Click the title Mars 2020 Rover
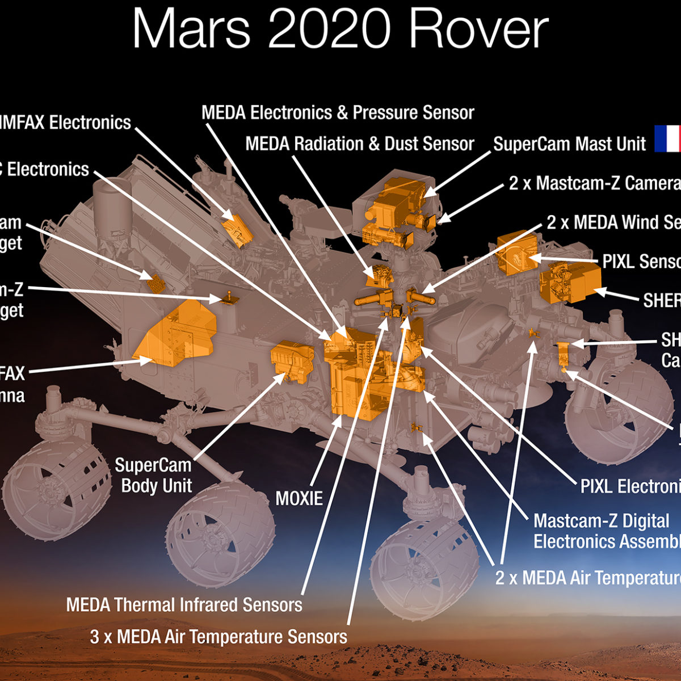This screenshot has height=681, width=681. tap(340, 30)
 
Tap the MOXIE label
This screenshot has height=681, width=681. tap(299, 498)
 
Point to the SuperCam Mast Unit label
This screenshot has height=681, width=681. tap(569, 144)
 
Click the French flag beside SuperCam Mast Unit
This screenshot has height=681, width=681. tap(667, 139)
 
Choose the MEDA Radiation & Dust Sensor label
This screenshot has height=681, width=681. tap(360, 144)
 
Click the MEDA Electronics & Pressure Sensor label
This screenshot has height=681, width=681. tap(338, 112)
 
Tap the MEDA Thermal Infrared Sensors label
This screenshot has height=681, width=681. tap(184, 604)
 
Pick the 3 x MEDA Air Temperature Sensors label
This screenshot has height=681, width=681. tap(218, 636)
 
